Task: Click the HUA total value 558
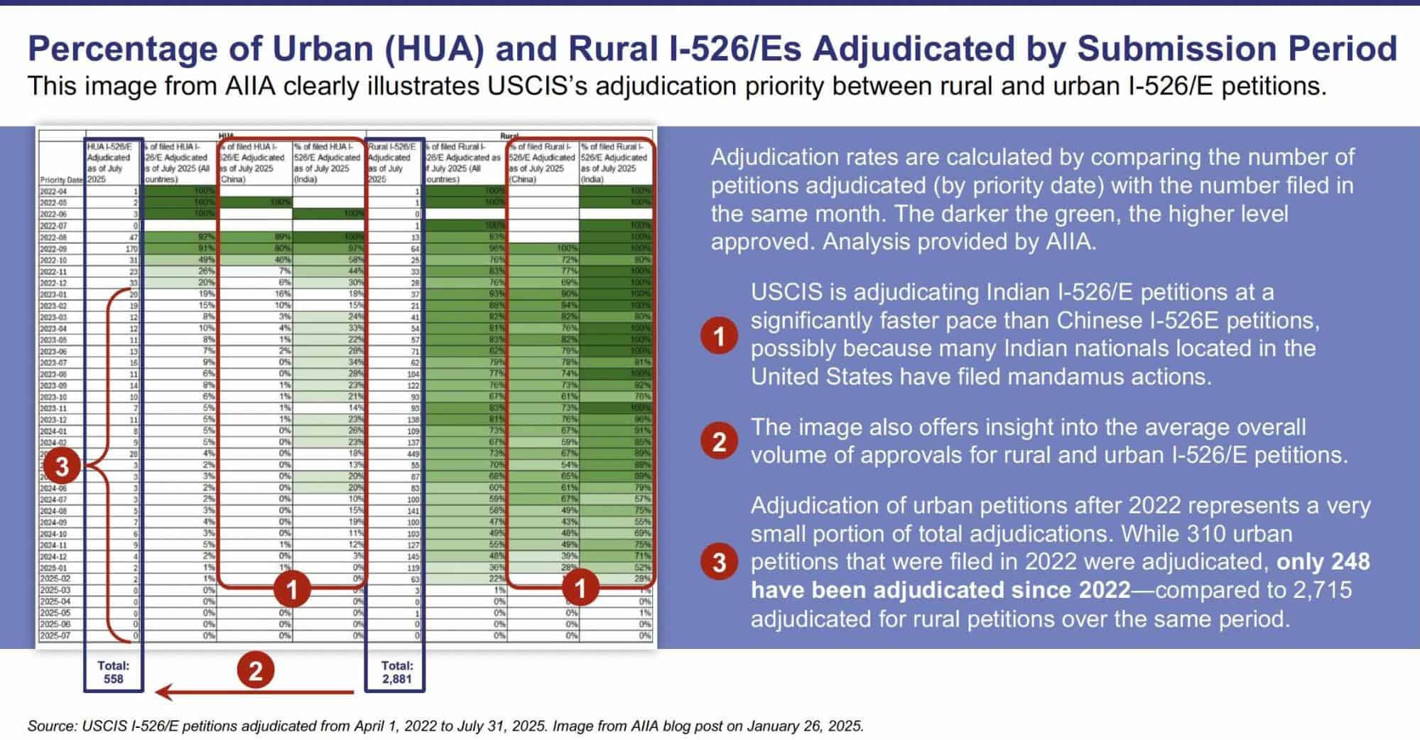pyautogui.click(x=113, y=679)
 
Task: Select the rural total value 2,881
pyautogui.click(x=396, y=679)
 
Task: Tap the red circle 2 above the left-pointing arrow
pyautogui.click(x=255, y=670)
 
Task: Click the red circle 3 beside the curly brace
pyautogui.click(x=62, y=466)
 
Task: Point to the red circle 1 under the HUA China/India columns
pyautogui.click(x=291, y=589)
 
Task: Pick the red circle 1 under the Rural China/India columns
pyautogui.click(x=580, y=589)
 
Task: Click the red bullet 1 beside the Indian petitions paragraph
pyautogui.click(x=719, y=336)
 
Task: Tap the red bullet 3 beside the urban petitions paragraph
pyautogui.click(x=719, y=562)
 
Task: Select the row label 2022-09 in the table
pyautogui.click(x=53, y=249)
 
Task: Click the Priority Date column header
pyautogui.click(x=61, y=180)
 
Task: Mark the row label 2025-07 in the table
pyautogui.click(x=55, y=636)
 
